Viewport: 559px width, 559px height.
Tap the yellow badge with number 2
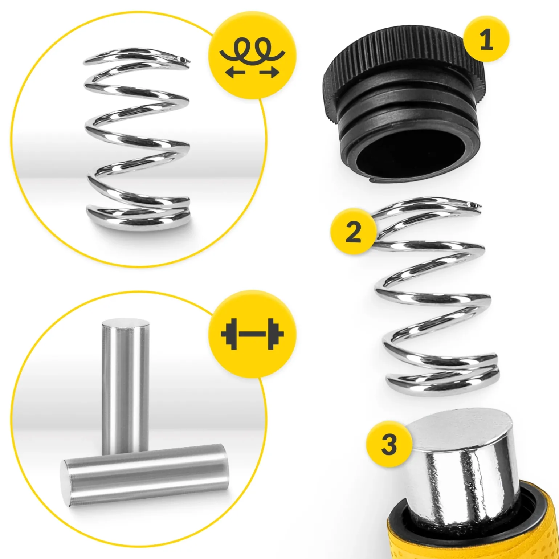(353, 231)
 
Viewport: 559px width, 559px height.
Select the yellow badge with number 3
(389, 444)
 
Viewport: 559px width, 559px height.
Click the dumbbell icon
(252, 334)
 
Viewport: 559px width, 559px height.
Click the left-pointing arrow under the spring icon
(235, 73)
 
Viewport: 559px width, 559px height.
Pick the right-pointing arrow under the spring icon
(269, 73)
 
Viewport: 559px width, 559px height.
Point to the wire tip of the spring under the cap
(476, 206)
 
